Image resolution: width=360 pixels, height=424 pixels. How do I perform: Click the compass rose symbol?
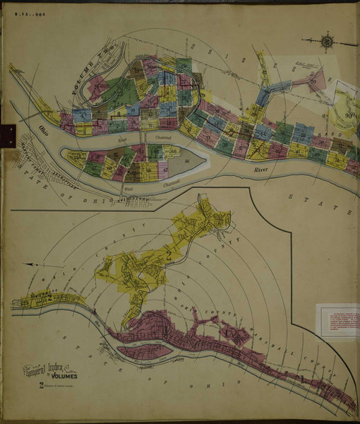(328, 42)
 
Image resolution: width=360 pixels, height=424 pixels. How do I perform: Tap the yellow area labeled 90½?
(345, 117)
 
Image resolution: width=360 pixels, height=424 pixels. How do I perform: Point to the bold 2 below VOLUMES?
(43, 385)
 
